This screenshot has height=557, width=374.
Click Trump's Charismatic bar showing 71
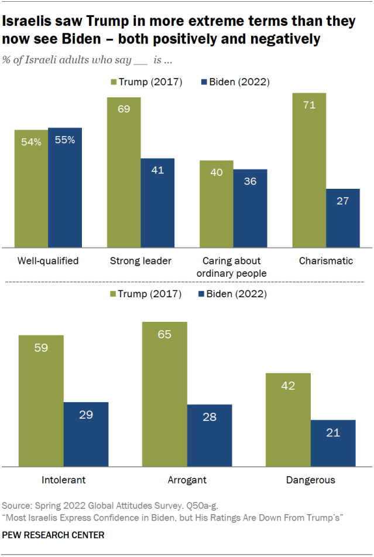click(x=309, y=170)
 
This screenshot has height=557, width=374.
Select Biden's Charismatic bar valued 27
click(x=343, y=218)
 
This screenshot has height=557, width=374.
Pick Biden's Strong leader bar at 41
click(x=157, y=202)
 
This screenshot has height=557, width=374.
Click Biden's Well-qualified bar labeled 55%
click(x=65, y=187)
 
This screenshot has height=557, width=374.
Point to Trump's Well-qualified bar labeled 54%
click(x=31, y=188)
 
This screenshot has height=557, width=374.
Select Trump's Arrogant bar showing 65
click(x=164, y=393)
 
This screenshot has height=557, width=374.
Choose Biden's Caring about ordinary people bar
click(x=251, y=208)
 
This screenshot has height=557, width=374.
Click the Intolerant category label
click(x=64, y=480)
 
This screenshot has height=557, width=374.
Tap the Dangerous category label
click(x=310, y=480)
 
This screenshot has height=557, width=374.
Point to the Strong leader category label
click(x=140, y=261)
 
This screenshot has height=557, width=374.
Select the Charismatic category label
click(x=325, y=261)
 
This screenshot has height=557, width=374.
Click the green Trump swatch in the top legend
click(x=113, y=83)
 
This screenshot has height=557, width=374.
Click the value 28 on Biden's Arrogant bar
click(x=210, y=417)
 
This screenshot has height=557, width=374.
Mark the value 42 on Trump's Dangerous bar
click(x=288, y=386)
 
